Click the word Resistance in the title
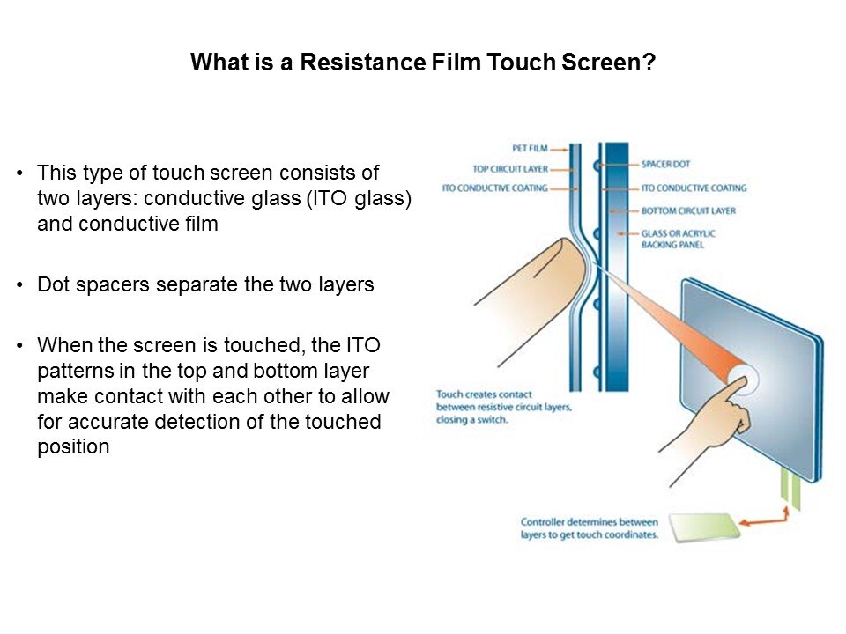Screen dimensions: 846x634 coord(362,62)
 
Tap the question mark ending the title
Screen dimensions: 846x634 coord(649,62)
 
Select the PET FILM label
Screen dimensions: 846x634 coord(530,148)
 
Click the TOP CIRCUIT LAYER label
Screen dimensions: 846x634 coord(510,169)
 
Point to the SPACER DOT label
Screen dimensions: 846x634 coord(666,164)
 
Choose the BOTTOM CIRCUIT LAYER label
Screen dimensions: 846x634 coord(688,210)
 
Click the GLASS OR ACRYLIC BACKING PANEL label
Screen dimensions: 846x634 coord(679,239)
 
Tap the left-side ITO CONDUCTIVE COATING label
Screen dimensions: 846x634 coord(494,188)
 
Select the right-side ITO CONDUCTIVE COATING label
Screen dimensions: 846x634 coord(694,188)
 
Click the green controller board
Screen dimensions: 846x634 coord(705,527)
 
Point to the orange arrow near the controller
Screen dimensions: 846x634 coord(765,518)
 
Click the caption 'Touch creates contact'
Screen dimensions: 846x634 coord(484,394)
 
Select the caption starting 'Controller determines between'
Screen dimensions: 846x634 coord(590,528)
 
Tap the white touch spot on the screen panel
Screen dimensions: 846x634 coord(744,378)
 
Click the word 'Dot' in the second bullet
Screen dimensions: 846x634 coord(52,284)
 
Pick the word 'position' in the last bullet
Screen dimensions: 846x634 coord(73,447)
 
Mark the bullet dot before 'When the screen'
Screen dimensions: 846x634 coord(20,345)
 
